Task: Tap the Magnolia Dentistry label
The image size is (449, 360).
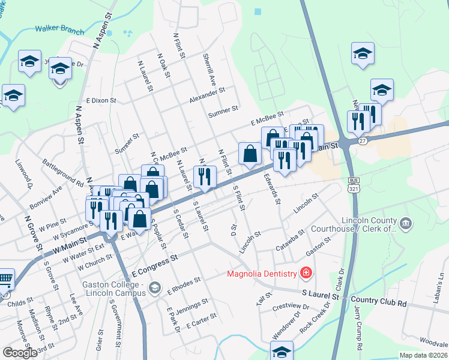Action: click(x=262, y=274)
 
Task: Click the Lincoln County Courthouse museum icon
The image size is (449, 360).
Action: click(x=406, y=224)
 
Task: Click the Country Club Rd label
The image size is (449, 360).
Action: click(x=379, y=298)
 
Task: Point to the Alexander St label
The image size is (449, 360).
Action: click(x=206, y=94)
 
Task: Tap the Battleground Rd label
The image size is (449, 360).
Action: click(x=62, y=172)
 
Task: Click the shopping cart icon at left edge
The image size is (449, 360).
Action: click(x=5, y=279)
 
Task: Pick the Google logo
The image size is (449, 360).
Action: click(x=20, y=353)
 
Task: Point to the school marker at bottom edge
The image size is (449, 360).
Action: click(x=281, y=352)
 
